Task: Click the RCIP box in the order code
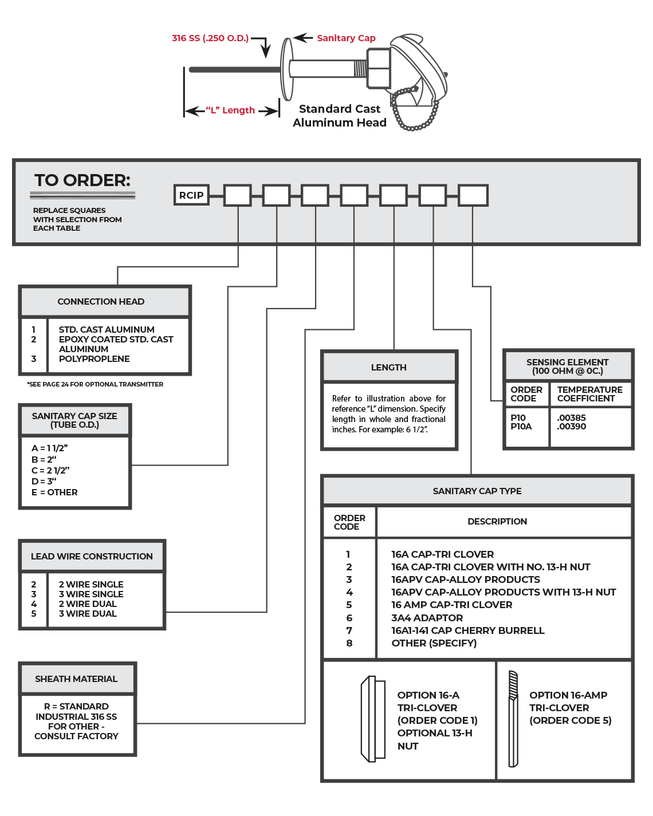point(191,195)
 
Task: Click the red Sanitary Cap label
point(346,38)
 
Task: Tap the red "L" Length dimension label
point(230,111)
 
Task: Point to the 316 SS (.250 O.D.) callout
point(210,38)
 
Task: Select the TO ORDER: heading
point(82,180)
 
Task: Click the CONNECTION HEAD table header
point(101,302)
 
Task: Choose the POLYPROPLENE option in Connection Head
point(95,359)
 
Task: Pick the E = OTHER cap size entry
point(55,492)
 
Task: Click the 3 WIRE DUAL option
point(88,614)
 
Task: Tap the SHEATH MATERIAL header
point(76,679)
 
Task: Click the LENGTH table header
point(389,368)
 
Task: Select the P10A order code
point(521,427)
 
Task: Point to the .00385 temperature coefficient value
point(572,418)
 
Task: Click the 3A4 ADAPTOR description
point(427,618)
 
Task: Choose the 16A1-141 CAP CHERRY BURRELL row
point(468,630)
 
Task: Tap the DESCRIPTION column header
point(497,522)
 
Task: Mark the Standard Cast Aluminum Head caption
point(340,116)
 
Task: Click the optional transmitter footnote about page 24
point(95,384)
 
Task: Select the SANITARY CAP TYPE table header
point(477,491)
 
